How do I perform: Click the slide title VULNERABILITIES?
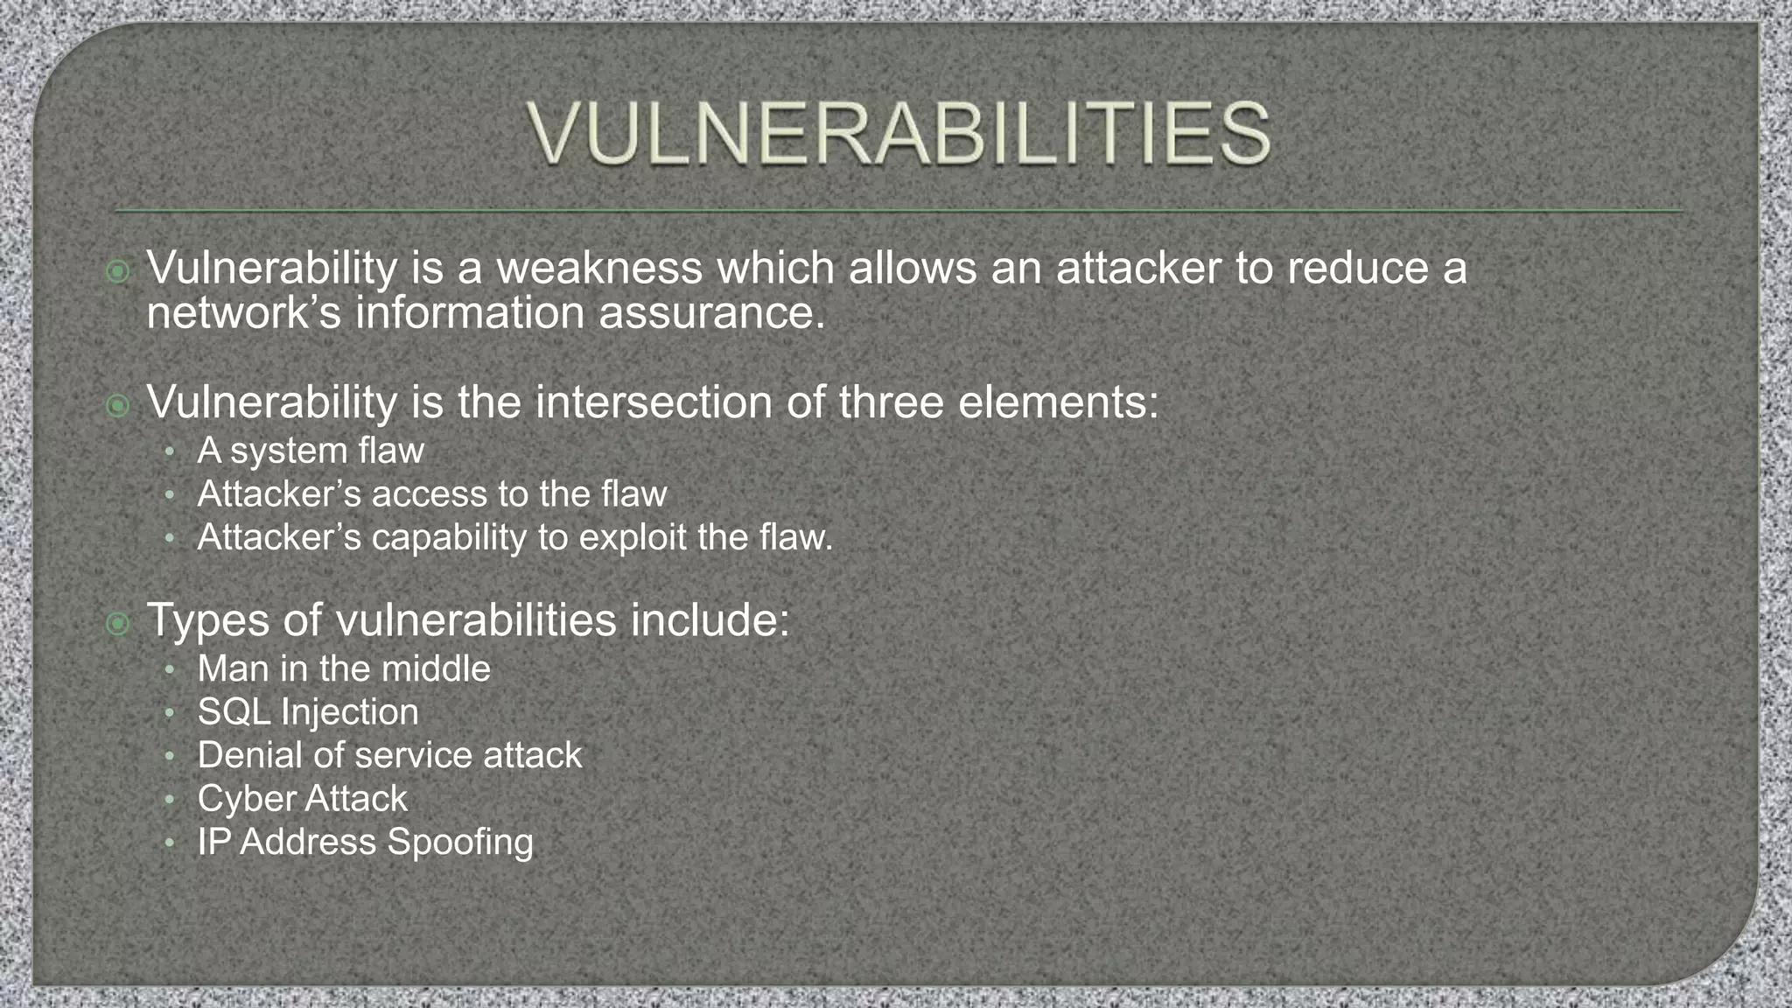pos(899,134)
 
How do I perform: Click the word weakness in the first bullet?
pos(599,268)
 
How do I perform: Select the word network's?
pos(243,313)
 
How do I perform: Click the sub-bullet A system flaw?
pos(311,451)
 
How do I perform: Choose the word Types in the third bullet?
pos(207,620)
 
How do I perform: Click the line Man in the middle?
pos(344,668)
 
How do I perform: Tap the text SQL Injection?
pos(308,711)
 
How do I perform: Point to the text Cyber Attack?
pos(302,798)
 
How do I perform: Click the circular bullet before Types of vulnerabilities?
pos(117,624)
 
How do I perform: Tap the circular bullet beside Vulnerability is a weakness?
pos(117,271)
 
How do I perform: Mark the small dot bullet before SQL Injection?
pos(170,713)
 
